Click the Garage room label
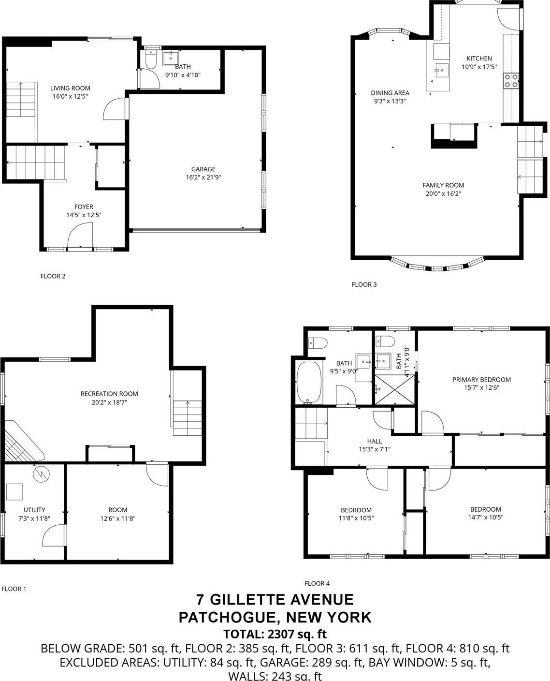203,169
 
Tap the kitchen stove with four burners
511,81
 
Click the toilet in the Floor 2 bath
151,59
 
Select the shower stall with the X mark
395,390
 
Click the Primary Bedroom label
481,380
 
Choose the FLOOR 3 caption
364,284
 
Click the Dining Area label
390,93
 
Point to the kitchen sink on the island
441,70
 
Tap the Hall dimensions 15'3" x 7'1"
374,449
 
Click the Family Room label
443,185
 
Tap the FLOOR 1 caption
14,589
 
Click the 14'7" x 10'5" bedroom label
485,509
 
